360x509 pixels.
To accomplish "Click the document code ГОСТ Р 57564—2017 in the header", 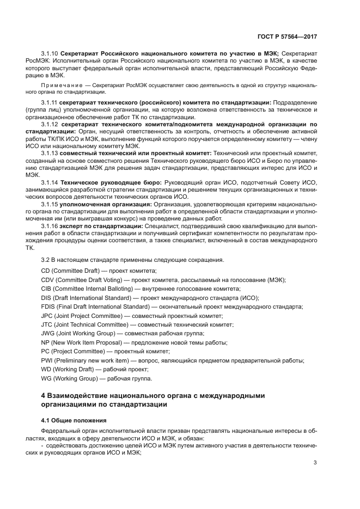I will point(287,36).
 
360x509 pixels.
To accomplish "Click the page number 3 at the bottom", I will point(315,463).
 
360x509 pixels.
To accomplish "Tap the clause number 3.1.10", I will point(50,53).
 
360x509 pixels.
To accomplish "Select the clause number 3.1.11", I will point(50,102).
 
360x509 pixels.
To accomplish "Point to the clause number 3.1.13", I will point(50,154).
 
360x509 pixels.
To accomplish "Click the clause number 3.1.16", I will point(50,225).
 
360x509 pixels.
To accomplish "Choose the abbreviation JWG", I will point(48,334).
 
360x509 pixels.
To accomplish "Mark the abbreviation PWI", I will point(48,360).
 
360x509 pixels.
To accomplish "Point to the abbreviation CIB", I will point(47,289).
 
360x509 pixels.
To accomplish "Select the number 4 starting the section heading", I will point(44,396).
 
